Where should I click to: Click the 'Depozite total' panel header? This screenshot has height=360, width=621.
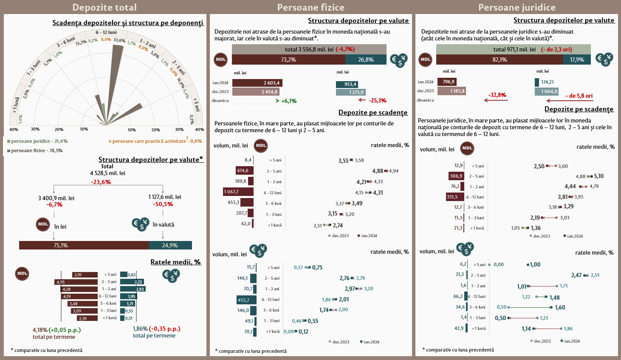(104, 7)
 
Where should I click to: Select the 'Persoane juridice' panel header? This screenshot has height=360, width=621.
(517, 7)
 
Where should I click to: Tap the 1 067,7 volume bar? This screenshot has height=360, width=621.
(238, 192)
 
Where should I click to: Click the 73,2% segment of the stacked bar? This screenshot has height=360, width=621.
(288, 60)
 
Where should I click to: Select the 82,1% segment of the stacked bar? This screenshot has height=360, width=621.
(500, 60)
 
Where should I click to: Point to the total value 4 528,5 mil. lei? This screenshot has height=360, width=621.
(107, 173)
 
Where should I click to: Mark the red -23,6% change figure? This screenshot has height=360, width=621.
(101, 182)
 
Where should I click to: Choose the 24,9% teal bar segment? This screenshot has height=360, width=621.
(170, 245)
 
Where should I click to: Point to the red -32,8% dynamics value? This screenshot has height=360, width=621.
(497, 95)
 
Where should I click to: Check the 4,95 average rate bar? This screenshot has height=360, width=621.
(76, 282)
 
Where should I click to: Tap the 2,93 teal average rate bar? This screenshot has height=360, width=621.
(133, 289)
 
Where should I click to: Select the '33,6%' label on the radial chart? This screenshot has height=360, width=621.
(119, 40)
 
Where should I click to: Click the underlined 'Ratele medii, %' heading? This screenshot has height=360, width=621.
(175, 262)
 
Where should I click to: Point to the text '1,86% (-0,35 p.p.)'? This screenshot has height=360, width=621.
(157, 329)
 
